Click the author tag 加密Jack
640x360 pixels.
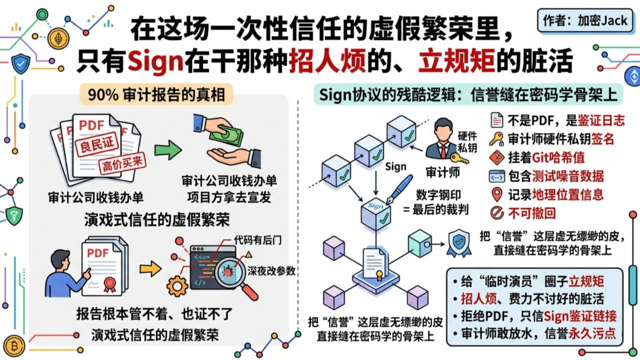pyautogui.click(x=585, y=20)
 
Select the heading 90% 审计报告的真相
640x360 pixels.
pyautogui.click(x=156, y=94)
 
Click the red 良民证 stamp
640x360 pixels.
pyautogui.click(x=94, y=145)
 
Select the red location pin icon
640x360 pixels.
pyautogui.click(x=496, y=194)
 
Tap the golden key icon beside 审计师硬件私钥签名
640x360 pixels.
pyautogui.click(x=496, y=138)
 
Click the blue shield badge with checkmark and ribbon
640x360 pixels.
pyautogui.click(x=458, y=243)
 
